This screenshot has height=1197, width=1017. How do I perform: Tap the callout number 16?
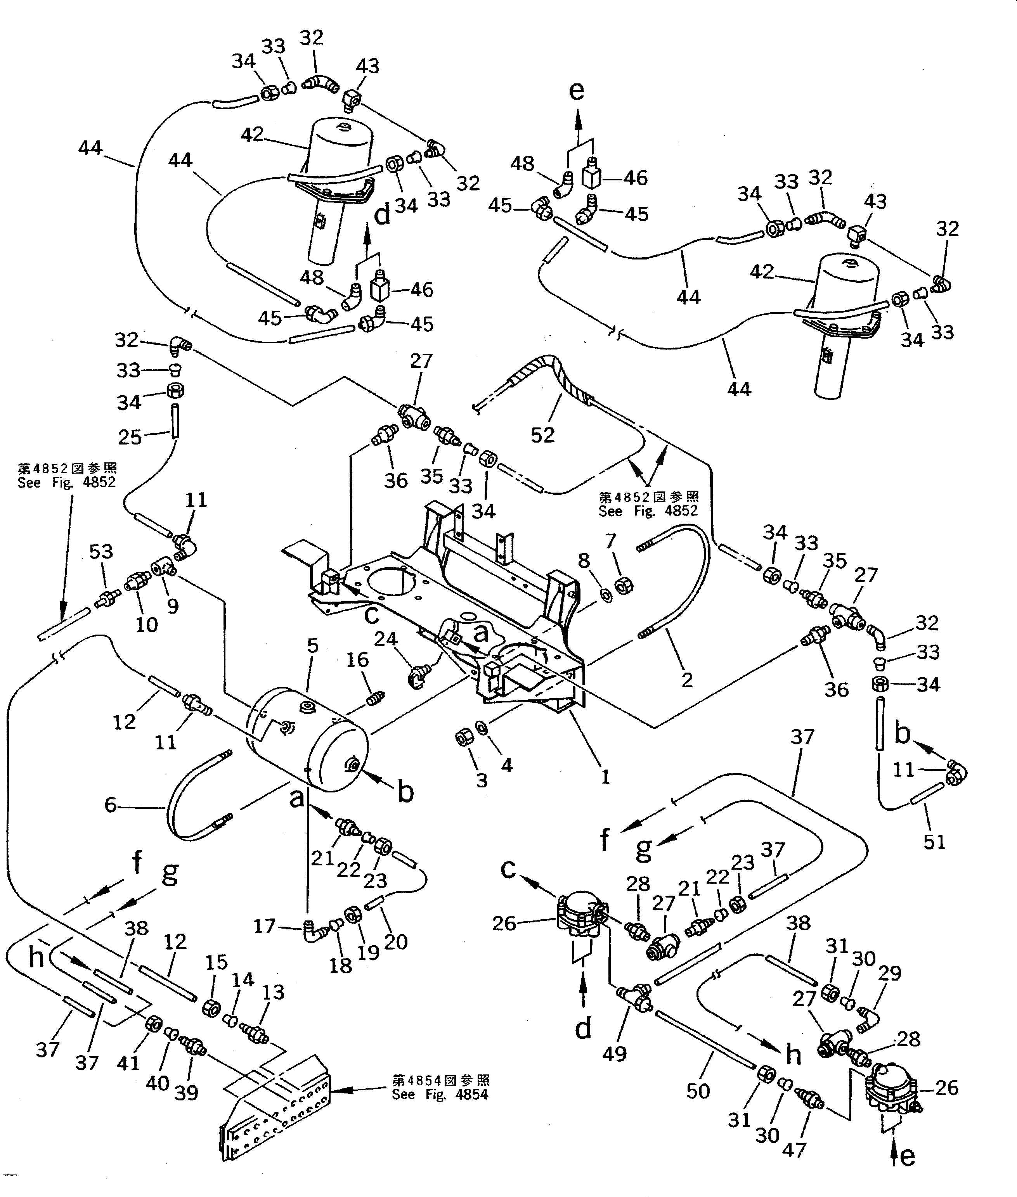point(357,659)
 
